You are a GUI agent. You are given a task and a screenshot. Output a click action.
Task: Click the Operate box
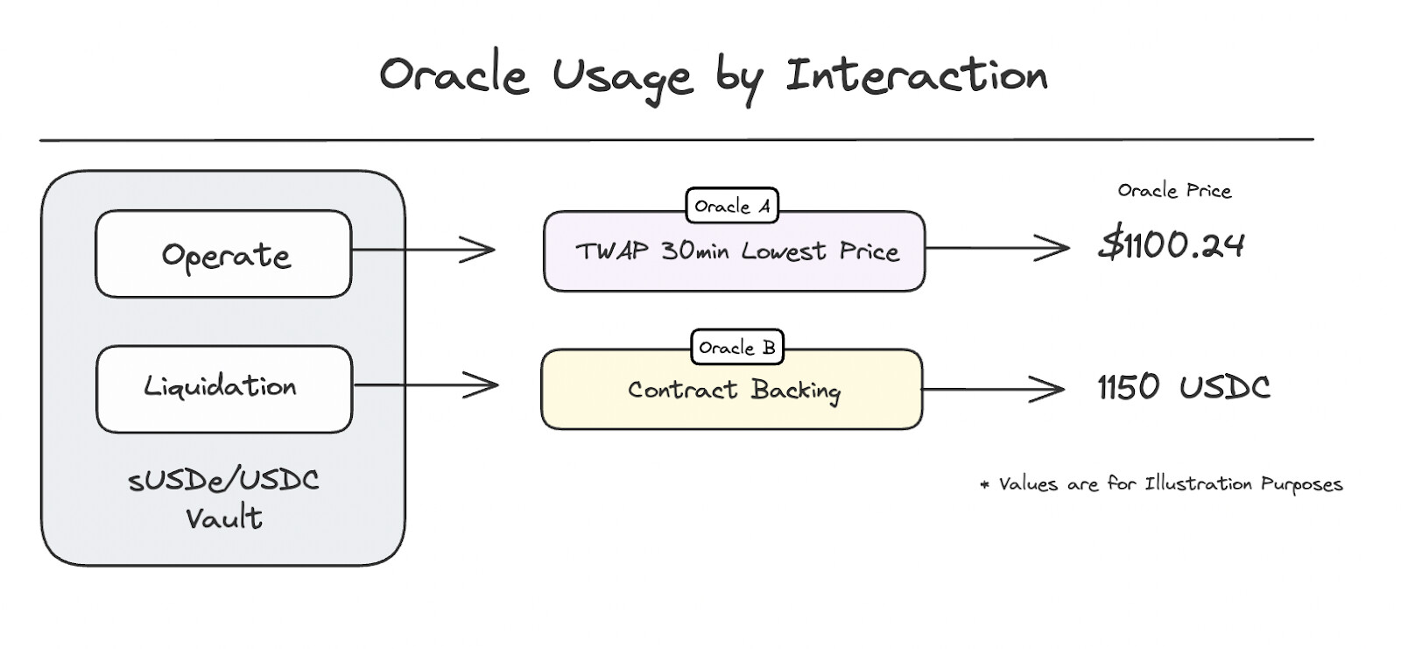223,254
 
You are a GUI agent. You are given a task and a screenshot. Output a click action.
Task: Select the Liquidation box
223,388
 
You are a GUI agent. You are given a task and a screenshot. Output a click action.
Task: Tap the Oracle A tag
732,207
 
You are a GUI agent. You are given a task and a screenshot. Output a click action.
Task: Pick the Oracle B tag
737,348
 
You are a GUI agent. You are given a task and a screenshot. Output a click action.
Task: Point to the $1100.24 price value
1171,245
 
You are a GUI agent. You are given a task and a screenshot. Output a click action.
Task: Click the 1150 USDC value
1183,386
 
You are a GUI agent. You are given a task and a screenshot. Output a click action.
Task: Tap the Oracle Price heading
1174,191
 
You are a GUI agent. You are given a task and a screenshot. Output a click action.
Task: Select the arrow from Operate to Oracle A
424,250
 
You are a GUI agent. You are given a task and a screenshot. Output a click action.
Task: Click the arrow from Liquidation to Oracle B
426,384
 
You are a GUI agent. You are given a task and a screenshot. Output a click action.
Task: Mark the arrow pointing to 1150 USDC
993,389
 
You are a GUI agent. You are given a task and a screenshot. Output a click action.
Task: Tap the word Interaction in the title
916,75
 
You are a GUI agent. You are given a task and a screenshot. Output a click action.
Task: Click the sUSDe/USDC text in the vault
223,481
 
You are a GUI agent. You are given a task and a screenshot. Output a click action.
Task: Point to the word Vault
223,518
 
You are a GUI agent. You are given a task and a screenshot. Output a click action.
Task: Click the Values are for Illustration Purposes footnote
1162,484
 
